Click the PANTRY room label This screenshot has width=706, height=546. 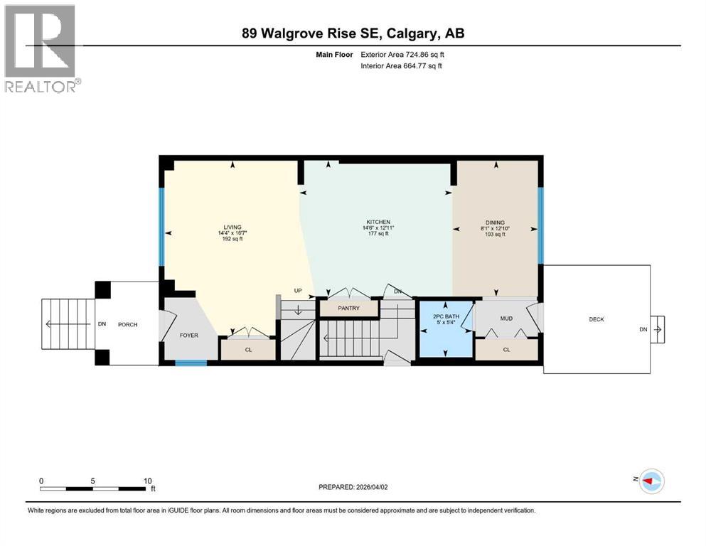348,309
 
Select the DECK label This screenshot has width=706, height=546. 596,319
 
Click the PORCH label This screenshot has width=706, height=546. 127,324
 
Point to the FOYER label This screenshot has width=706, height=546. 188,335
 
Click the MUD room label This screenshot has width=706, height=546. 506,319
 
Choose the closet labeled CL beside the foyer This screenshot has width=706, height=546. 247,349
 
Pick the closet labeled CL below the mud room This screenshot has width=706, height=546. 506,349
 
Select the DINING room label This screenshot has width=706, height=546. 496,222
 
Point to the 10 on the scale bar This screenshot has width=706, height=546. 146,481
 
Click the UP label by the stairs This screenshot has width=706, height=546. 299,290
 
